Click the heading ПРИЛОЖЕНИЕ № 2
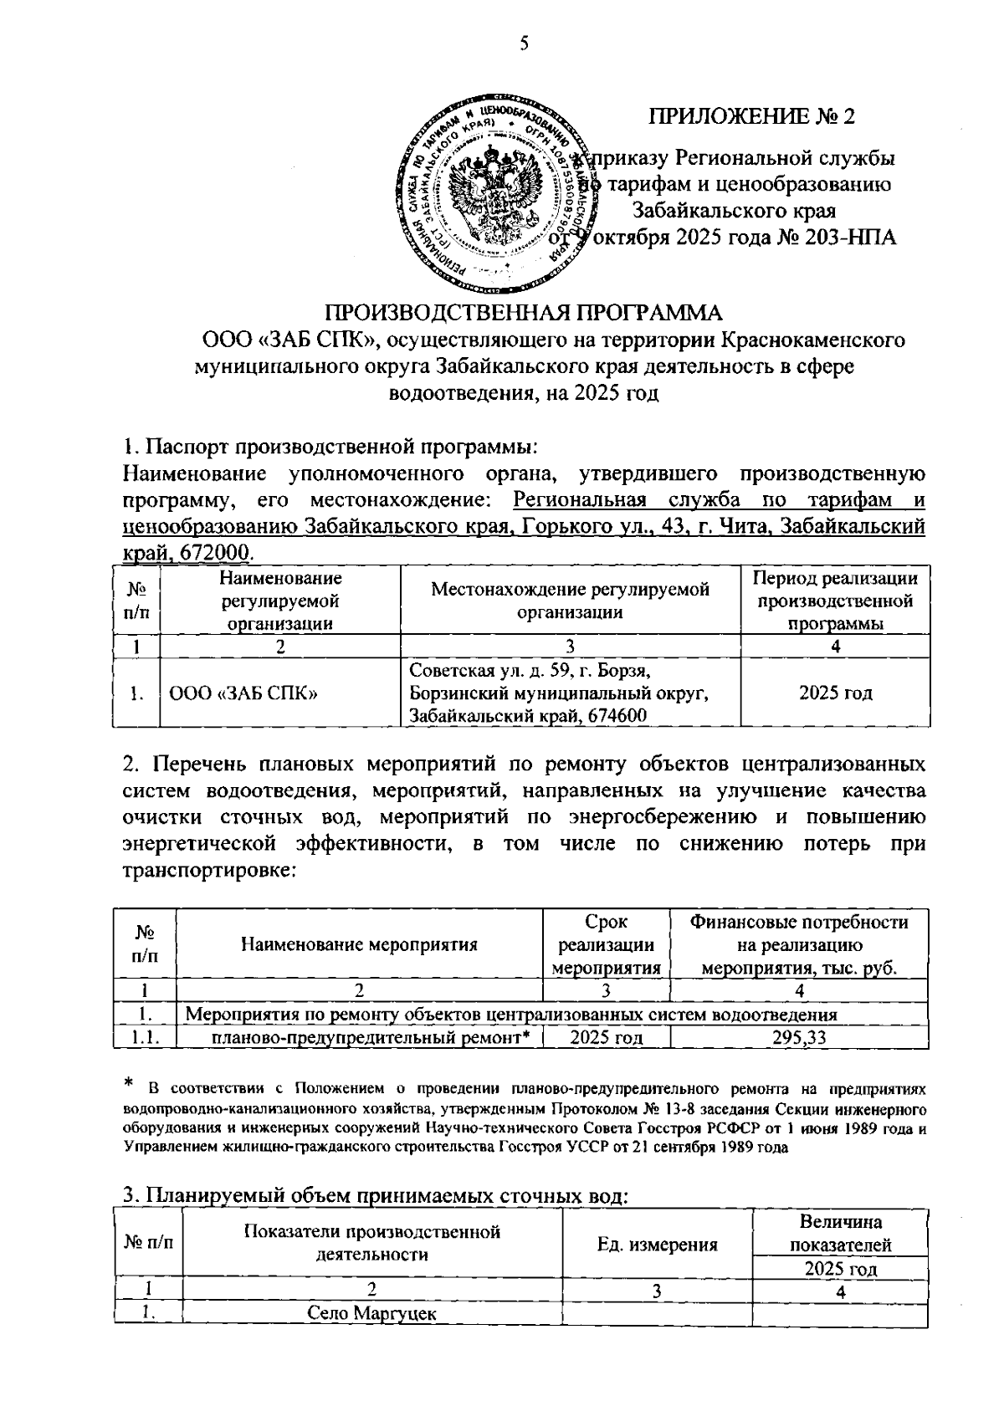752,116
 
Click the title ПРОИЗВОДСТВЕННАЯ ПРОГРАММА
524,313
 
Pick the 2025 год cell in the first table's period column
835,693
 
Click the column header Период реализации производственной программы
835,601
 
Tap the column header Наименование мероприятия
359,945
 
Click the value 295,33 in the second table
799,1037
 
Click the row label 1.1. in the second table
144,1037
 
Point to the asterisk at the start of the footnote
129,1085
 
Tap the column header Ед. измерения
658,1244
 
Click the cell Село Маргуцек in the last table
371,1313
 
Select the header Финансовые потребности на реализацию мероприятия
799,945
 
